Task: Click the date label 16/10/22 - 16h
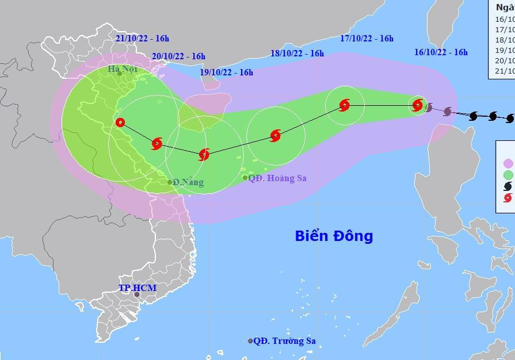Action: (x=441, y=52)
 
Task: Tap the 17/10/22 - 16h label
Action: (x=367, y=39)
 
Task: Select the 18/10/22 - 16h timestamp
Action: (x=297, y=53)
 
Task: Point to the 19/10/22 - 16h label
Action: (x=226, y=72)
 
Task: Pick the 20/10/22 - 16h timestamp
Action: (x=179, y=56)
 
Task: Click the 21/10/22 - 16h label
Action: (x=142, y=39)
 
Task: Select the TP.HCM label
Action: (x=138, y=288)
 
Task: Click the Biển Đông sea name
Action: (x=334, y=236)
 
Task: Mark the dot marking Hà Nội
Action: (x=119, y=74)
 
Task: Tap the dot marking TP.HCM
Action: (x=137, y=295)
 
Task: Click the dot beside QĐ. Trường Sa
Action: (x=250, y=341)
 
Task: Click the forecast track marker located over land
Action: (x=120, y=122)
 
